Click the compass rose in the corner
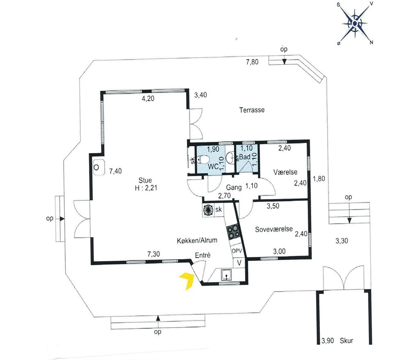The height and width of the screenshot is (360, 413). click(x=355, y=24)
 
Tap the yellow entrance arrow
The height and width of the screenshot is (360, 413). click(x=188, y=281)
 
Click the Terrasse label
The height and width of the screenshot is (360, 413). click(x=252, y=110)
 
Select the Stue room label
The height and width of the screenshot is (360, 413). click(x=145, y=180)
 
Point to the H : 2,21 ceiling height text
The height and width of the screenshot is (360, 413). click(x=146, y=188)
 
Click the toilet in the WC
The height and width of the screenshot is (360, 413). click(x=202, y=159)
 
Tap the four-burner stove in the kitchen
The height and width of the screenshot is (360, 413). click(x=234, y=232)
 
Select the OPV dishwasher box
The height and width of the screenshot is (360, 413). click(x=237, y=251)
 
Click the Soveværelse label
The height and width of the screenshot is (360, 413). click(x=274, y=229)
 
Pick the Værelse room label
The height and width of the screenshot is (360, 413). click(x=285, y=172)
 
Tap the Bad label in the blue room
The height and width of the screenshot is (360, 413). click(x=245, y=157)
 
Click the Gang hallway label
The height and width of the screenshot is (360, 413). click(x=234, y=188)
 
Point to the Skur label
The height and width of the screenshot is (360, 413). click(x=346, y=341)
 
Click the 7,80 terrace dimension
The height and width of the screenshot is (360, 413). click(x=252, y=62)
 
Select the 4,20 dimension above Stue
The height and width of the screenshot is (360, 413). click(x=148, y=99)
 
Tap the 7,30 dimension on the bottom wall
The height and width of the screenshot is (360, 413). click(x=154, y=254)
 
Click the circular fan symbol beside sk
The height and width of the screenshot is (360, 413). click(x=208, y=210)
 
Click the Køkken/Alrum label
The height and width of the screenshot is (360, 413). click(x=197, y=240)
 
